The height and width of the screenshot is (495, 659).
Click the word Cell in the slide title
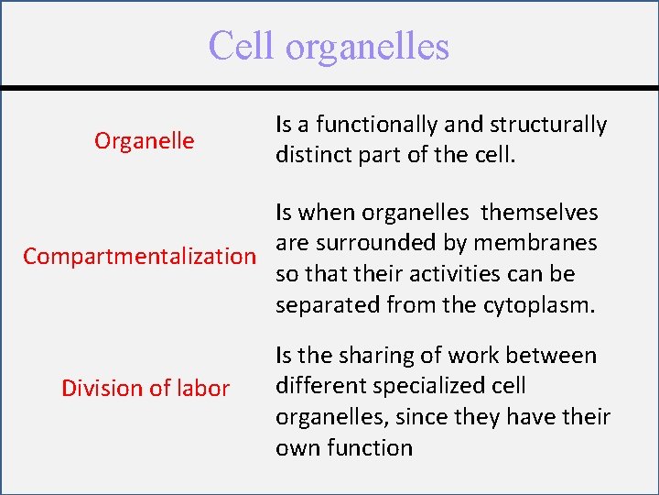tap(242, 45)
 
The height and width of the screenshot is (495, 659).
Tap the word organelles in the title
tap(366, 47)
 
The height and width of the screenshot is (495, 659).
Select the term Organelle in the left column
tap(144, 140)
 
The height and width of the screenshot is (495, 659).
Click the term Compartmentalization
tap(140, 256)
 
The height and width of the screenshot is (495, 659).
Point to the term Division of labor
tap(145, 388)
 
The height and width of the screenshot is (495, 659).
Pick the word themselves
tap(539, 213)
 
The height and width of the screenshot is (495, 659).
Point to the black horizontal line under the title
tap(329, 88)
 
